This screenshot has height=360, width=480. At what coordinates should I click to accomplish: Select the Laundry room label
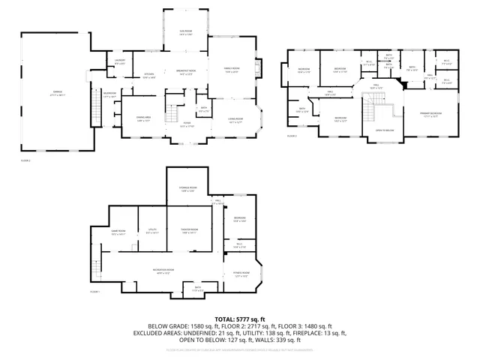pos(119,62)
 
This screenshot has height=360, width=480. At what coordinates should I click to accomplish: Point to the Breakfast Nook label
pos(175,73)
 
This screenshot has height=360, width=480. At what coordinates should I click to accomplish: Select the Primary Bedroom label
pos(430,115)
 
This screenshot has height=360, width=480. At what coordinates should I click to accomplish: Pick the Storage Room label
pos(187,189)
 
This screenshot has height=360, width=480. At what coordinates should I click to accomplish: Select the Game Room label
pos(118,232)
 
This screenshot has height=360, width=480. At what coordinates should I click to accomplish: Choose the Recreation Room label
pos(163,271)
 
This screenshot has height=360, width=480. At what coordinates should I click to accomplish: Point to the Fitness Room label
pos(241,274)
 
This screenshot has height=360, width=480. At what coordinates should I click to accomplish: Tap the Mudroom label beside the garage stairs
pos(109,94)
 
